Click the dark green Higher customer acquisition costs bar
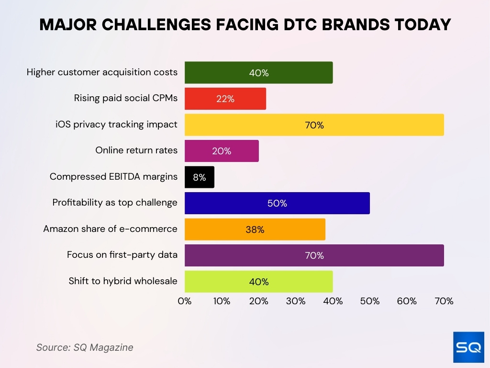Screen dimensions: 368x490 (x=258, y=73)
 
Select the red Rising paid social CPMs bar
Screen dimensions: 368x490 (x=225, y=99)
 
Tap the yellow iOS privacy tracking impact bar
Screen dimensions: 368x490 (x=314, y=125)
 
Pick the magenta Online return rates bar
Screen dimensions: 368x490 (x=221, y=151)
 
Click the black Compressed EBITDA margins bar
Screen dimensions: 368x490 (x=199, y=177)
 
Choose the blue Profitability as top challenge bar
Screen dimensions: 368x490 (x=277, y=203)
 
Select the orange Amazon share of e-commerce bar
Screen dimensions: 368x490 (x=255, y=230)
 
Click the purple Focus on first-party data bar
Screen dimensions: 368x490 (x=314, y=255)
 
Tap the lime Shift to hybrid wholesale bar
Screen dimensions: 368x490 (x=258, y=282)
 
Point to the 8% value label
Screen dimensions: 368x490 (x=199, y=177)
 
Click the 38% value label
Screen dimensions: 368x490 (x=255, y=230)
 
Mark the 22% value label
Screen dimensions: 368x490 (x=225, y=99)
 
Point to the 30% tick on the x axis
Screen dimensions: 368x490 (x=296, y=301)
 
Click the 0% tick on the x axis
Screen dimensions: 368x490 (x=185, y=301)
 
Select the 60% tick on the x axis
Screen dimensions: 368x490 (x=407, y=301)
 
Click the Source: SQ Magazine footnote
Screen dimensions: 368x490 (x=85, y=347)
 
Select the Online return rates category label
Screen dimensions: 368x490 (x=136, y=150)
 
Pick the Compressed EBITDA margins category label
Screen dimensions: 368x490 (x=113, y=177)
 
